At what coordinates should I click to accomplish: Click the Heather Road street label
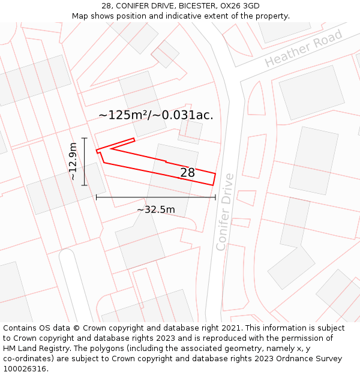tap(304, 49)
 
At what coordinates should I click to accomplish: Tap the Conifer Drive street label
tap(225, 212)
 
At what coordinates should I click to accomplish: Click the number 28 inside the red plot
tap(188, 173)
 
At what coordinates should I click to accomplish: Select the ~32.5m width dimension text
tap(156, 210)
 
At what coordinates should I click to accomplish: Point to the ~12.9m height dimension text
tap(73, 161)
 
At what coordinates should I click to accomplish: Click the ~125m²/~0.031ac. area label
tap(156, 115)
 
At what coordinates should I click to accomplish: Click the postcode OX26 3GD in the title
tap(239, 6)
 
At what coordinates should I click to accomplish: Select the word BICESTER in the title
tap(179, 6)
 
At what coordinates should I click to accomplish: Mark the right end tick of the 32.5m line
tap(215, 197)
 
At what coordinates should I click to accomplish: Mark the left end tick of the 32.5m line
tap(96, 197)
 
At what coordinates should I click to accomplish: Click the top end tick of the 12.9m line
tap(85, 138)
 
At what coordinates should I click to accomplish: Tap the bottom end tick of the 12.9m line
tap(85, 185)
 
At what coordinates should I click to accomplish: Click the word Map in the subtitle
tap(80, 16)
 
